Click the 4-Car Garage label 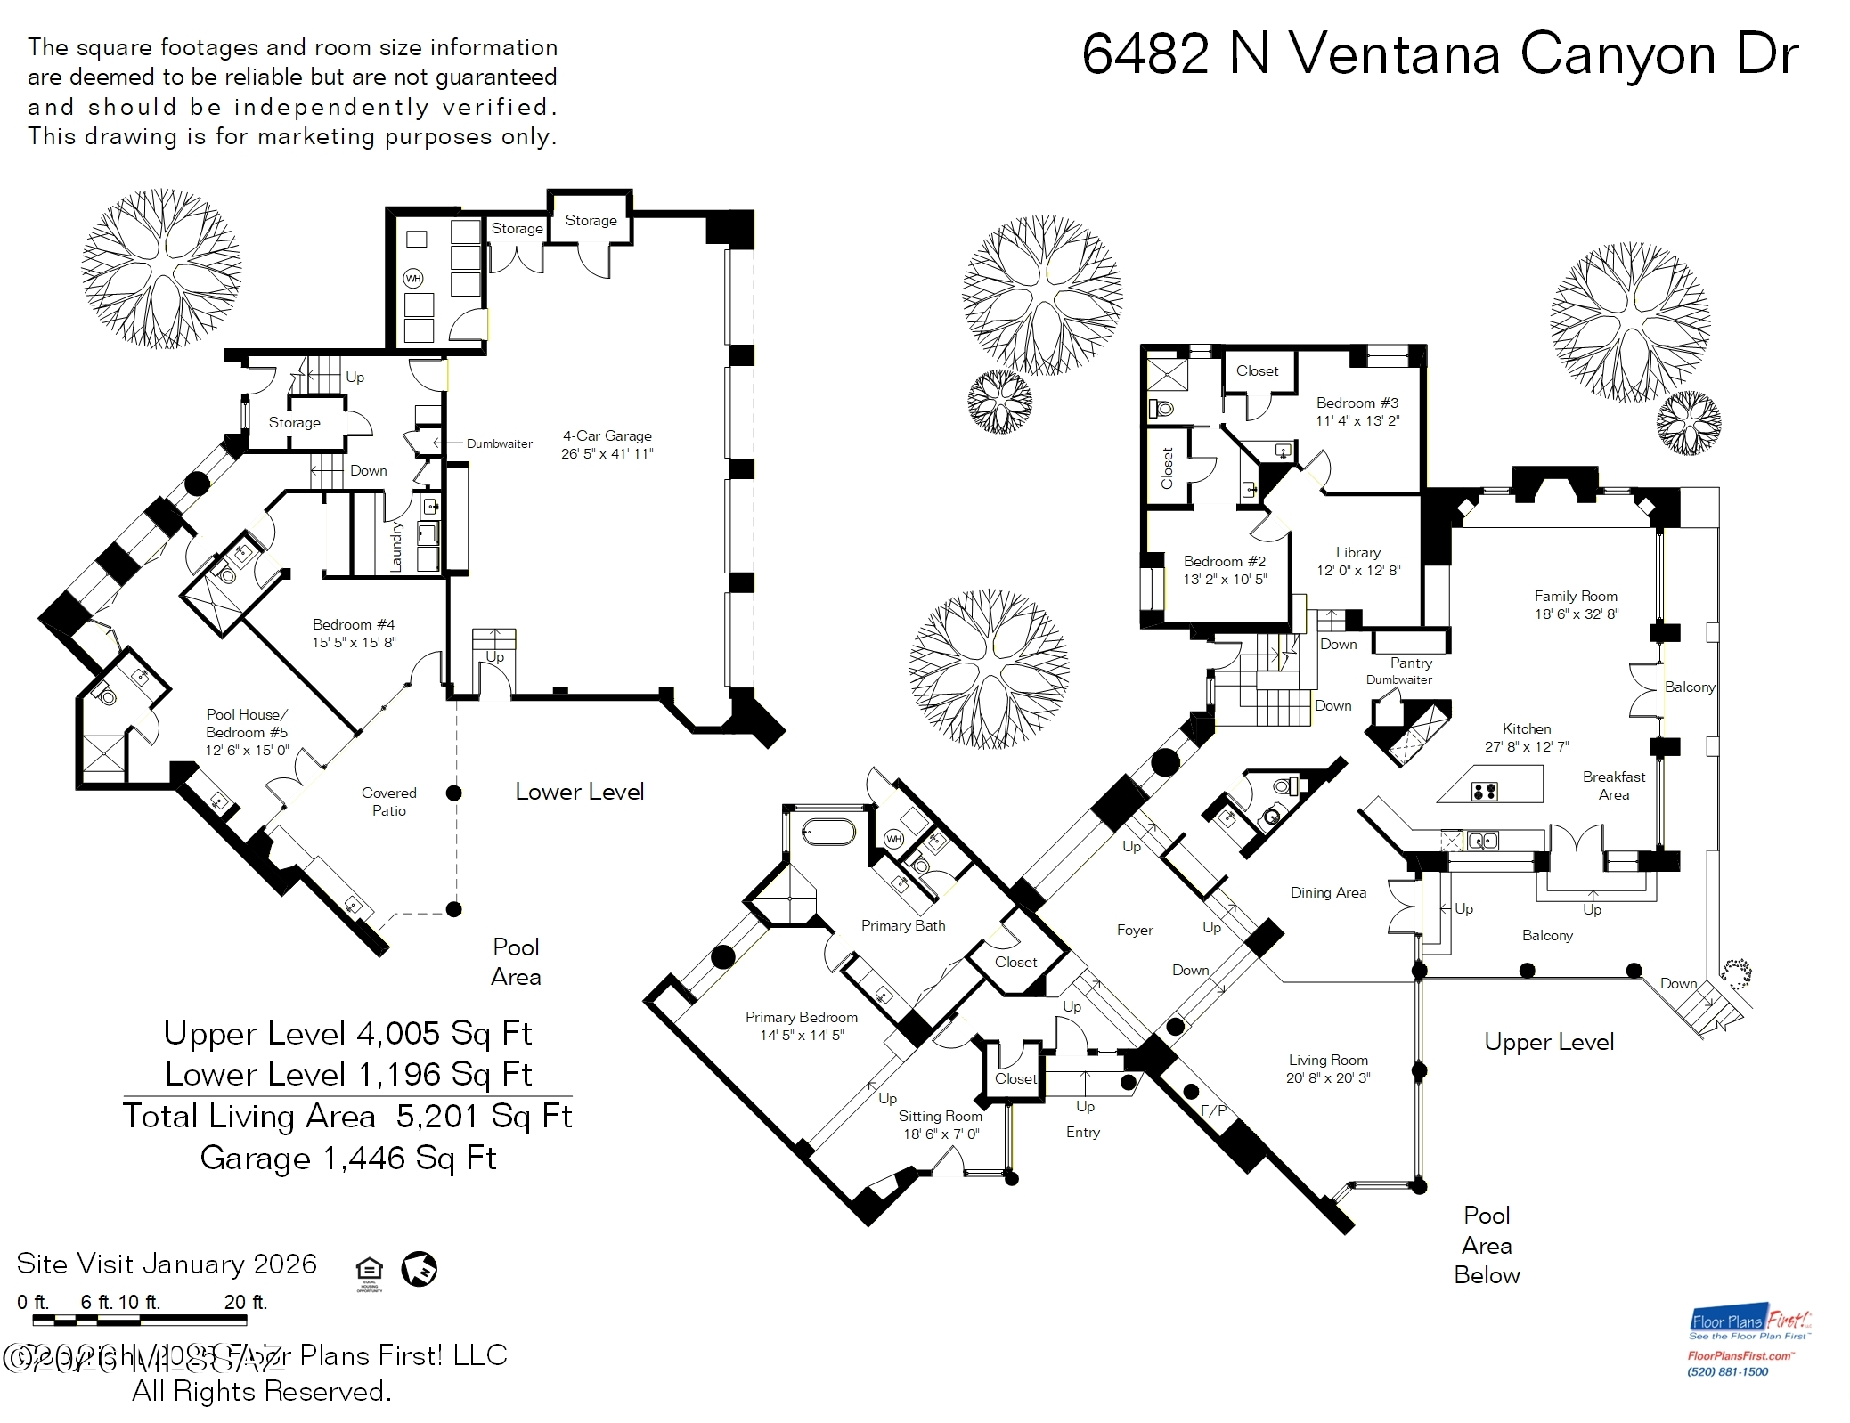click(x=607, y=435)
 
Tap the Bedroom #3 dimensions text click(x=1357, y=421)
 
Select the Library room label click(x=1357, y=552)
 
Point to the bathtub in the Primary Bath click(x=828, y=833)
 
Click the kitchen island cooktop click(x=1484, y=791)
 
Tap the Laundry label click(x=396, y=546)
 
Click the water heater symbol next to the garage click(x=413, y=279)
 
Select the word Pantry click(x=1411, y=663)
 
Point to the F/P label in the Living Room click(x=1213, y=1110)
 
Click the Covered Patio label click(x=388, y=801)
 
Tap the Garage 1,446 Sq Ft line click(x=347, y=1158)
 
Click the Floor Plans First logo click(x=1750, y=1323)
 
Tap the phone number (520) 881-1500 click(x=1727, y=1371)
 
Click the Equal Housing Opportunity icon click(x=369, y=1272)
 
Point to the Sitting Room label click(x=940, y=1116)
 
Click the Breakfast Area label click(x=1613, y=785)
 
